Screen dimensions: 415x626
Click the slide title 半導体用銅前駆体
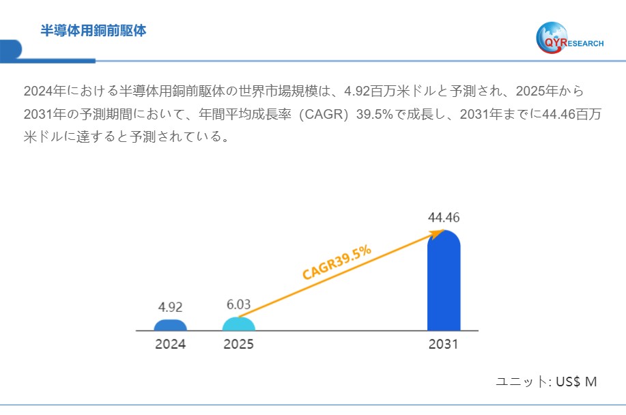click(94, 31)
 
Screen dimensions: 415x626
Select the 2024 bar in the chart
click(170, 325)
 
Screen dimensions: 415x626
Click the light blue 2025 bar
click(238, 324)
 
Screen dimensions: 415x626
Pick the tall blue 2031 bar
click(444, 283)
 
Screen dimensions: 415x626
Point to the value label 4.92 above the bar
click(170, 306)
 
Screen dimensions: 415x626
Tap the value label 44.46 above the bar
click(444, 218)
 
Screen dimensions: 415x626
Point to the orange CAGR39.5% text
click(337, 262)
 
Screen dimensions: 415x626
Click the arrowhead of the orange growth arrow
click(438, 234)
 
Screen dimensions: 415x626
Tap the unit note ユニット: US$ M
click(546, 382)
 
